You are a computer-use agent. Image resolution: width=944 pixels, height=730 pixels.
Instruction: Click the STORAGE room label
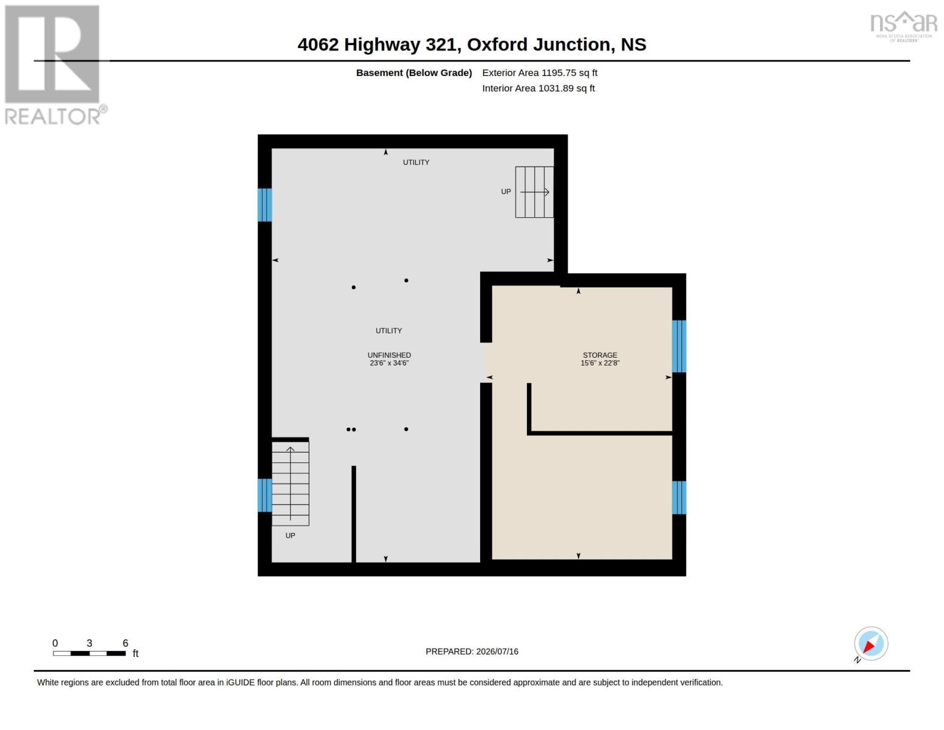pos(600,355)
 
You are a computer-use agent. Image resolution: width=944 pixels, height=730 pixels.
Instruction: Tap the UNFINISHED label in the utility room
pos(389,355)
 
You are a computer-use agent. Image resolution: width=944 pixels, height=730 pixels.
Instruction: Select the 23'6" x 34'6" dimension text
pos(389,363)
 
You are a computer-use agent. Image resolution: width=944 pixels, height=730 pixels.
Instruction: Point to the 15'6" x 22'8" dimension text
pos(600,363)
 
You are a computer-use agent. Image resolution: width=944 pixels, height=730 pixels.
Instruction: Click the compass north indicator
pos(870,644)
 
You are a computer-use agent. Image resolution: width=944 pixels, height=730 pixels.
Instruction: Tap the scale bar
pos(89,653)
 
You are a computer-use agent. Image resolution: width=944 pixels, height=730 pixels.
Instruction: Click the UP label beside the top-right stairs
pos(506,192)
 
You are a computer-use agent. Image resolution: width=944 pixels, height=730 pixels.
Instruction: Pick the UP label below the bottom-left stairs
pos(290,536)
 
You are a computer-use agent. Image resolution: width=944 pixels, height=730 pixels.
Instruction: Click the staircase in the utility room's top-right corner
pos(534,192)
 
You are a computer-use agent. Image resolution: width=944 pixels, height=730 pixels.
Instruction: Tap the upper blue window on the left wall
pos(264,205)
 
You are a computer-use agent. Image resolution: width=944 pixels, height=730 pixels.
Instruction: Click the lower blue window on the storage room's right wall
pos(679,498)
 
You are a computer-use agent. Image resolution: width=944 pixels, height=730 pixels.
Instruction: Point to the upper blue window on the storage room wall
pos(679,347)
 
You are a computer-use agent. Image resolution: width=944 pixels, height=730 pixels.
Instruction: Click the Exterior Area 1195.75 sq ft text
pos(540,73)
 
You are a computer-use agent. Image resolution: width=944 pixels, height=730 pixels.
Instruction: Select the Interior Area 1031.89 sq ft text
pos(538,88)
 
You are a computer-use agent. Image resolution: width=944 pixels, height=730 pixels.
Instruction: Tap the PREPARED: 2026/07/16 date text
pos(472,652)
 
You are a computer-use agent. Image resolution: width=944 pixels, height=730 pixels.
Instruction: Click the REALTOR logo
pos(55,65)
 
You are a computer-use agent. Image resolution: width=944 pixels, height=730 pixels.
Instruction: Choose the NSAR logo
pos(904,26)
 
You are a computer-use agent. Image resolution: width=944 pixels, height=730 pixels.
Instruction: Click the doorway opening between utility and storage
pos(486,363)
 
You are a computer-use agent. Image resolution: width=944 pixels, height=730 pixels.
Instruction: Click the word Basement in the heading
pos(379,73)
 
